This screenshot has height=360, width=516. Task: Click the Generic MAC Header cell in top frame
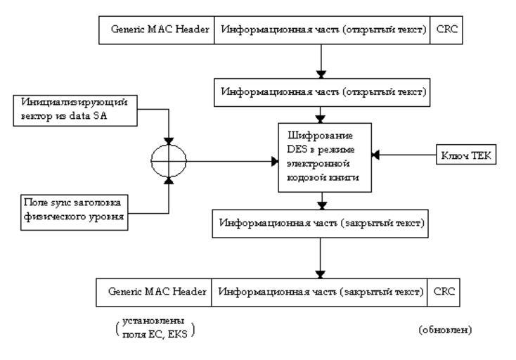(x=160, y=31)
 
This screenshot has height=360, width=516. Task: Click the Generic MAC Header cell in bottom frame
(x=155, y=291)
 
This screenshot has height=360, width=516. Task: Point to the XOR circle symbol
(x=169, y=162)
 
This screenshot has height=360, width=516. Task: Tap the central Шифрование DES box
(x=321, y=157)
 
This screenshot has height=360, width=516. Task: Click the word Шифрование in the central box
(x=321, y=136)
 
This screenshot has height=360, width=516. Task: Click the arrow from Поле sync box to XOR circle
(x=169, y=197)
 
